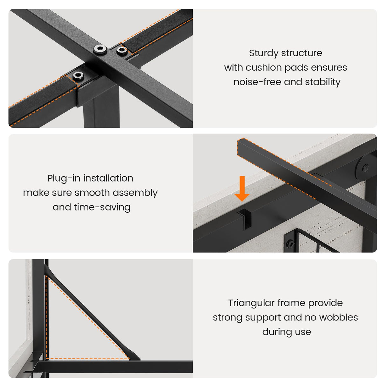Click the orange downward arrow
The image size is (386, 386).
(242, 189)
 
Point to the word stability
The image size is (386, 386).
(322, 82)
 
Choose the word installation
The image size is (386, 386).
(108, 178)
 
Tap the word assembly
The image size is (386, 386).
(135, 193)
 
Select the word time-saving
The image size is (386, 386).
(102, 208)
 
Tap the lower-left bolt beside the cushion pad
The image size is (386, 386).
(78, 76)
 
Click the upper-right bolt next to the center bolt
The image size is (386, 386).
(121, 51)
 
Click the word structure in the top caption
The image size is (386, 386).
(302, 53)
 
